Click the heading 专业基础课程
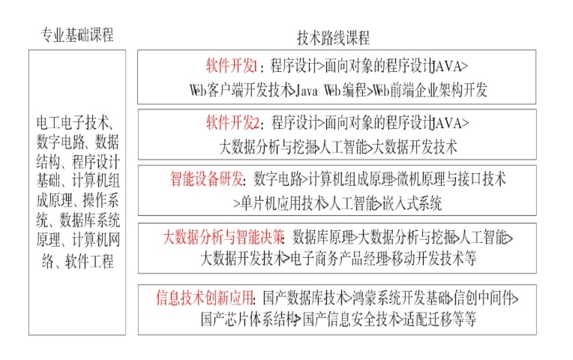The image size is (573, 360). pos(76,35)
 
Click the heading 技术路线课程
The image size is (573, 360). pos(334,37)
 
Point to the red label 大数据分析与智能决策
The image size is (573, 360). pos(223,237)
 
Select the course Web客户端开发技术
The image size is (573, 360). pos(239,91)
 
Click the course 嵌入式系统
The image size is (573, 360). pos(412,202)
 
